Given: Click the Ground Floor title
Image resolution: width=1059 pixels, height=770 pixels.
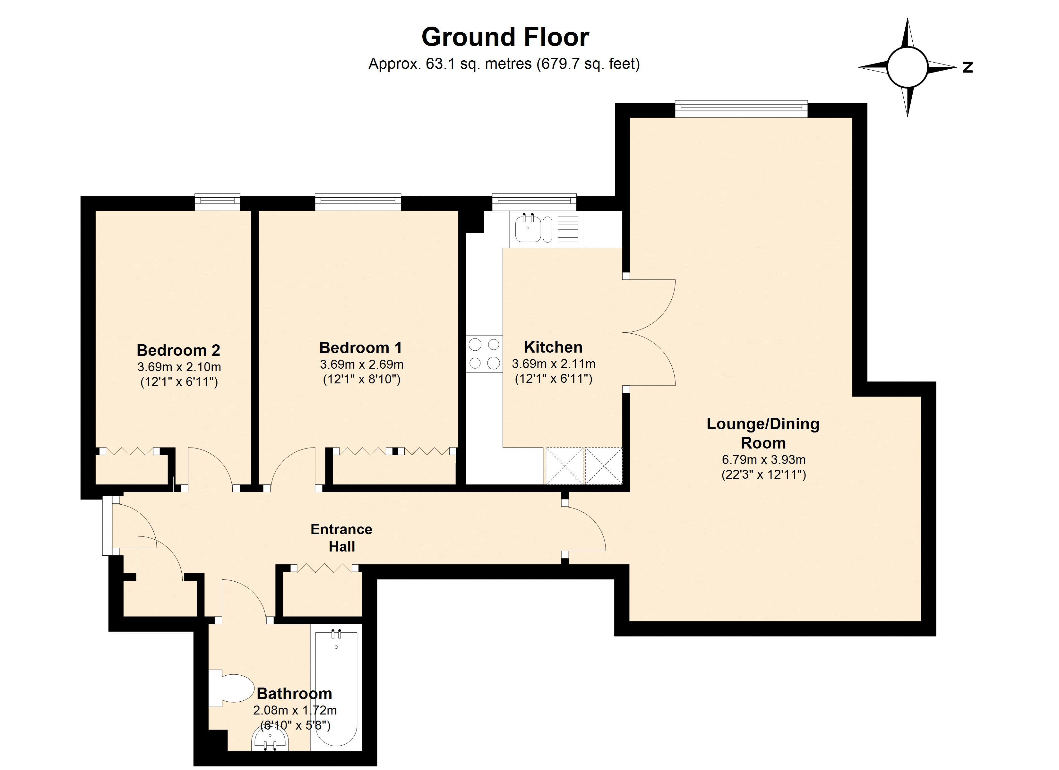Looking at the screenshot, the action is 505,37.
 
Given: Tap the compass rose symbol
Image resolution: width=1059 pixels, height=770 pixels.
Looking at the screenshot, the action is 907,67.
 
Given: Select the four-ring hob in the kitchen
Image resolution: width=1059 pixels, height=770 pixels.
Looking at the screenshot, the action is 484,354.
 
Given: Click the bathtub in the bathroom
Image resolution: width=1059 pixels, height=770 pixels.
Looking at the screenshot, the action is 336,686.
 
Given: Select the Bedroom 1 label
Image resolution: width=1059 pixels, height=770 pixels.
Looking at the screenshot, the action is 360,347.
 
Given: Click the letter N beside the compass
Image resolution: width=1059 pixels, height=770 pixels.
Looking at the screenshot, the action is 968,68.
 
